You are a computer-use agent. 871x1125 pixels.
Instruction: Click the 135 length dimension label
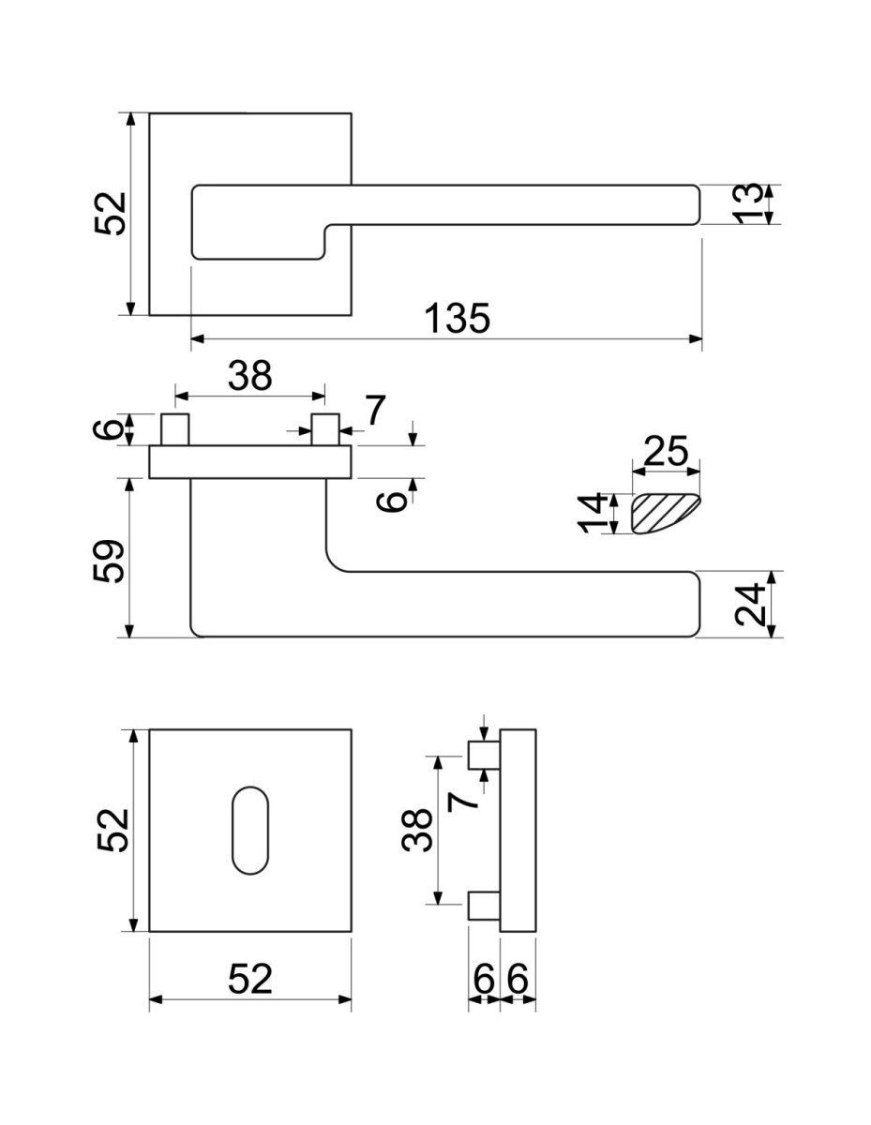[x=457, y=318]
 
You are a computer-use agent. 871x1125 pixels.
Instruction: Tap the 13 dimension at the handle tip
[x=748, y=203]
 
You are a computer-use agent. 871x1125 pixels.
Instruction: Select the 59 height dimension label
[x=109, y=562]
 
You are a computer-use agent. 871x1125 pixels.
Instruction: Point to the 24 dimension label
[x=749, y=604]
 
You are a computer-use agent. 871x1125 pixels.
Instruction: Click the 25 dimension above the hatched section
[x=667, y=450]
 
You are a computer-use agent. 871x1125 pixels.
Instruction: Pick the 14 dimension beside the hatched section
[x=593, y=513]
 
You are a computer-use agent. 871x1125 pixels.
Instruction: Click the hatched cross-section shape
[x=666, y=513]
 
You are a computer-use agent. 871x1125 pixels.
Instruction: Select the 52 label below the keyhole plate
[x=250, y=979]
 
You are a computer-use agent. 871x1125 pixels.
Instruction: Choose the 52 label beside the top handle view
[x=111, y=214]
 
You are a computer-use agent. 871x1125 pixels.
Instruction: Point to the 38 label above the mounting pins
[x=250, y=375]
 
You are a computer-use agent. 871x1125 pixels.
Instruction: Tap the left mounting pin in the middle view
[x=175, y=429]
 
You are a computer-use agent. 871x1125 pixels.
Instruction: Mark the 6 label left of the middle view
[x=109, y=429]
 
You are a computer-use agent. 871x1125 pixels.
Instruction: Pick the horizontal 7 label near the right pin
[x=376, y=410]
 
